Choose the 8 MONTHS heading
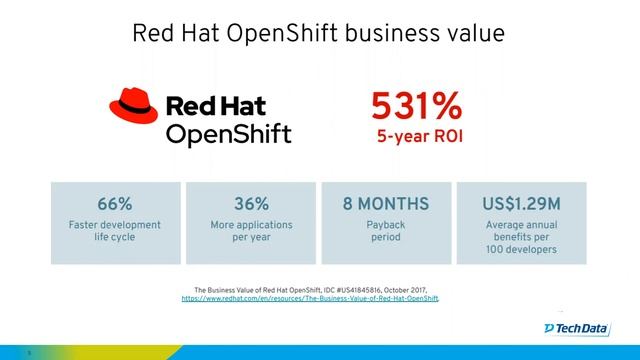pyautogui.click(x=385, y=203)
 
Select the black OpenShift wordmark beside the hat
pyautogui.click(x=227, y=133)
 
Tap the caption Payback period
pyautogui.click(x=385, y=232)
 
